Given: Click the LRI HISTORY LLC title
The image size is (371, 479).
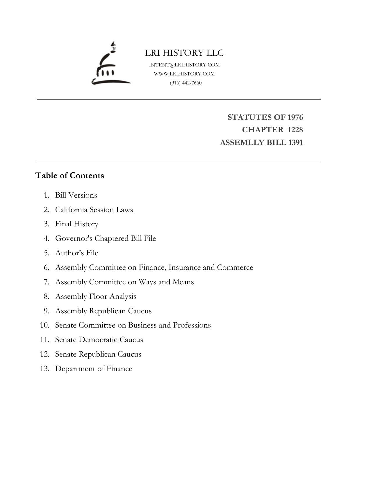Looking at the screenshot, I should [x=184, y=53].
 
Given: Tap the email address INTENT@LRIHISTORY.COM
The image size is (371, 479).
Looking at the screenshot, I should [x=184, y=65].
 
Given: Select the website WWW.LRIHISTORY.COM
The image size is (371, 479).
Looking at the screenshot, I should [x=184, y=74].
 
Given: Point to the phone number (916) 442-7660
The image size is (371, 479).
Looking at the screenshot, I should [x=186, y=83].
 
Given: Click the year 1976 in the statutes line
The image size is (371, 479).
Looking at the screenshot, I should [x=295, y=117].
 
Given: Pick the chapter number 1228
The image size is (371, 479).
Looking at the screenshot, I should [x=295, y=130].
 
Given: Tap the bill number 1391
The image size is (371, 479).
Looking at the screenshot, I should [x=295, y=142].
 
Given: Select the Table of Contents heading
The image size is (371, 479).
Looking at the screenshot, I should [x=69, y=176].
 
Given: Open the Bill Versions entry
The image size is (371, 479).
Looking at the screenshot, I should [x=76, y=195].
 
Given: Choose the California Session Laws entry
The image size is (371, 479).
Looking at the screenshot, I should [x=94, y=209].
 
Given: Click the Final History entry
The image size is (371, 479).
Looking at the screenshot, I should [x=77, y=224].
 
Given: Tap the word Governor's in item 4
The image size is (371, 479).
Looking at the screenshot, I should [x=74, y=238].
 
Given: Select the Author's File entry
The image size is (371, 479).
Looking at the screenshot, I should [x=77, y=253].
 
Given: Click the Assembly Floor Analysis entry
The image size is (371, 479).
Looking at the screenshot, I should [x=96, y=296].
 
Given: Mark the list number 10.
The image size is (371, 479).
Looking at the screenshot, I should [x=44, y=325].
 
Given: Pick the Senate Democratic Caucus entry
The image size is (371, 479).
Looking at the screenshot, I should [x=99, y=339].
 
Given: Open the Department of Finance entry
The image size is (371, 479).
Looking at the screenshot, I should [x=94, y=368].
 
